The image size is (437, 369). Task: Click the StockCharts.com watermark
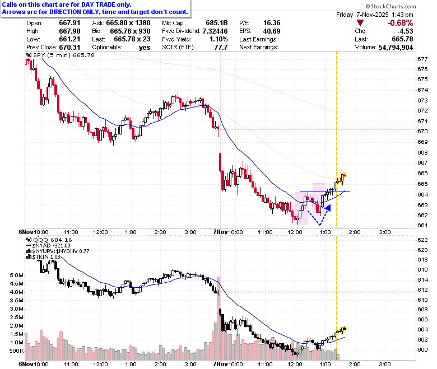[390, 6]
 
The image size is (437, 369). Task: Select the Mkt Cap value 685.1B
[217, 23]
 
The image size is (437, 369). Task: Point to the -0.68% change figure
[400, 23]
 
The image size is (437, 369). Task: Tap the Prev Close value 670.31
[69, 48]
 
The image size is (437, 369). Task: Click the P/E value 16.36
[272, 23]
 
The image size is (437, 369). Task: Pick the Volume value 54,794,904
[396, 48]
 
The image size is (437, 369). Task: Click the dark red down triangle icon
[360, 23]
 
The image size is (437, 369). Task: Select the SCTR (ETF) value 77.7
[221, 48]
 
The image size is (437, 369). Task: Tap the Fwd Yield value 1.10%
[218, 39]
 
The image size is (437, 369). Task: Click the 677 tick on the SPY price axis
[422, 59]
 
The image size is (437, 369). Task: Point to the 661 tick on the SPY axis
[422, 225]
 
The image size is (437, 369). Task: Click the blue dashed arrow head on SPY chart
[328, 208]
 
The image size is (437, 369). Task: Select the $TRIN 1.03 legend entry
[43, 257]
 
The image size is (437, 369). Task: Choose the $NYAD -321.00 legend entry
[49, 246]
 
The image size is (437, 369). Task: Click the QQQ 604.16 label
[49, 240]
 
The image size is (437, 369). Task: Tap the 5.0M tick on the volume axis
[16, 275]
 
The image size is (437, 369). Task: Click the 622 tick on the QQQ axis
[422, 240]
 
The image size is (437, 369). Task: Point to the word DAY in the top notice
[87, 4]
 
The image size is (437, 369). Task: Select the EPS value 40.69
[272, 31]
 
